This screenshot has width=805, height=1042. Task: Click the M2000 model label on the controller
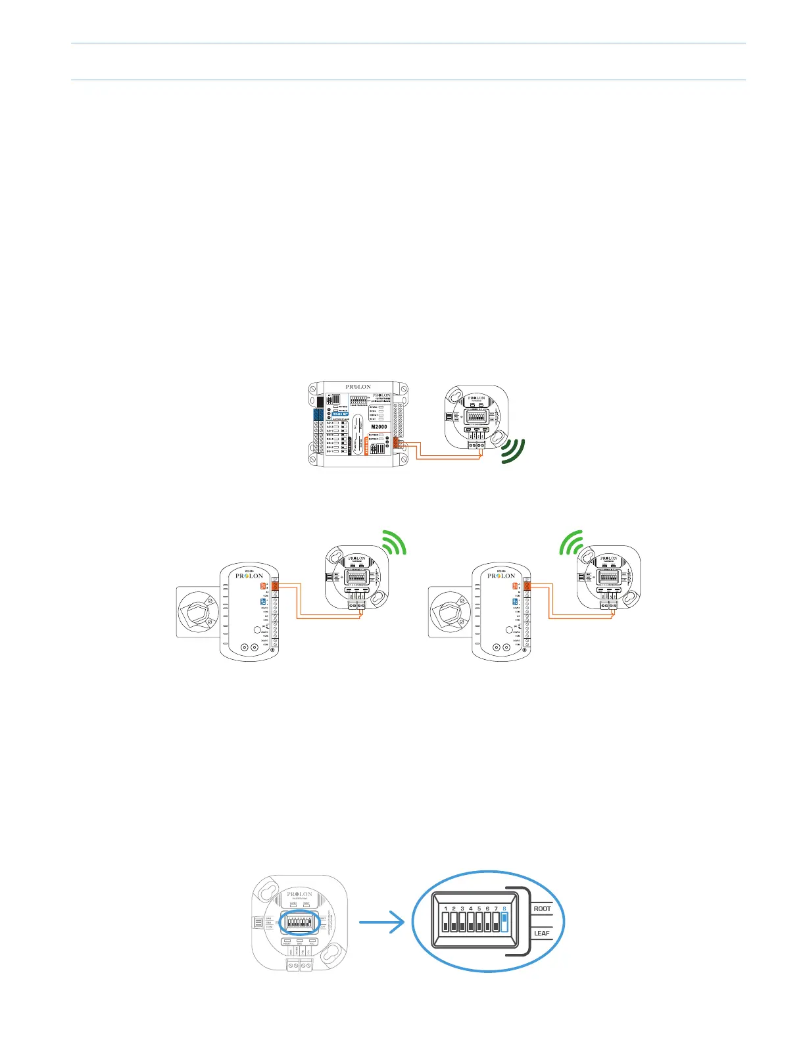[x=379, y=427]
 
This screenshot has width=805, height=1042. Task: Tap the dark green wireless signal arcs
[x=513, y=451]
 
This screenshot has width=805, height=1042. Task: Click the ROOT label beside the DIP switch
[x=542, y=908]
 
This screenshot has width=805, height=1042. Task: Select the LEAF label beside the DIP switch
[x=542, y=933]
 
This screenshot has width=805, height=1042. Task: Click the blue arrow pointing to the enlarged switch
[x=381, y=922]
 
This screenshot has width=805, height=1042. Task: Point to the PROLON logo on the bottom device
[x=299, y=894]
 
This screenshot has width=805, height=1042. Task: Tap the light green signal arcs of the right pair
[x=572, y=543]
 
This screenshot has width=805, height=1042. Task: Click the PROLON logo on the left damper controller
[x=249, y=576]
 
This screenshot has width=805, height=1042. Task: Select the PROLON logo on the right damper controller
[x=501, y=576]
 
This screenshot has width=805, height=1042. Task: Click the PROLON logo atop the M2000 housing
[x=358, y=387]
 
